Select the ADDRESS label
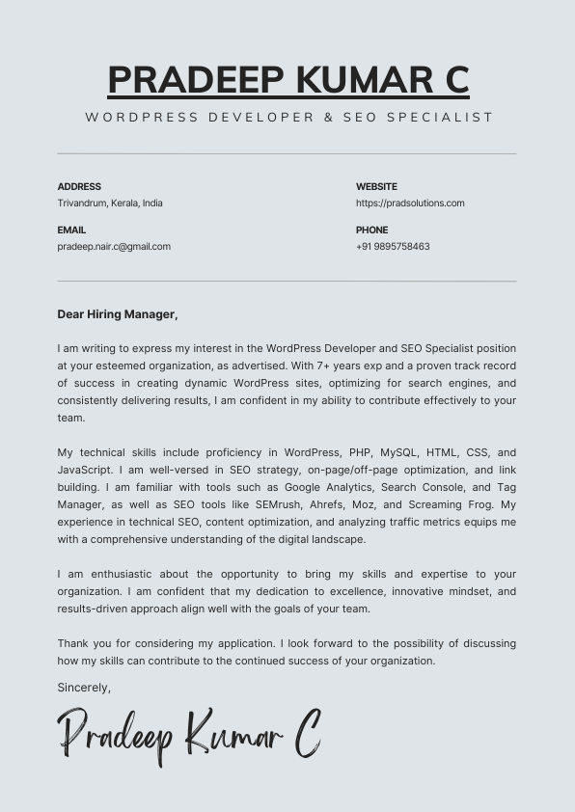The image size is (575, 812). tap(79, 187)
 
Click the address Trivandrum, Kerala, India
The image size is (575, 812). tap(110, 203)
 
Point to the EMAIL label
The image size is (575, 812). tap(71, 230)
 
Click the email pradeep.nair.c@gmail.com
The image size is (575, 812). tap(114, 247)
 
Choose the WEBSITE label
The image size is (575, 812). tap(376, 187)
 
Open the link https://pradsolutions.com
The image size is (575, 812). tap(410, 203)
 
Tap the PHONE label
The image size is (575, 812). tap(371, 230)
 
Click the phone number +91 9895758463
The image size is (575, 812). tap(393, 247)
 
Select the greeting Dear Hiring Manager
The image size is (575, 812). tap(118, 314)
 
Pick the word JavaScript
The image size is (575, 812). tap(84, 471)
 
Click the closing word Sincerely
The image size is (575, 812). tap(84, 689)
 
